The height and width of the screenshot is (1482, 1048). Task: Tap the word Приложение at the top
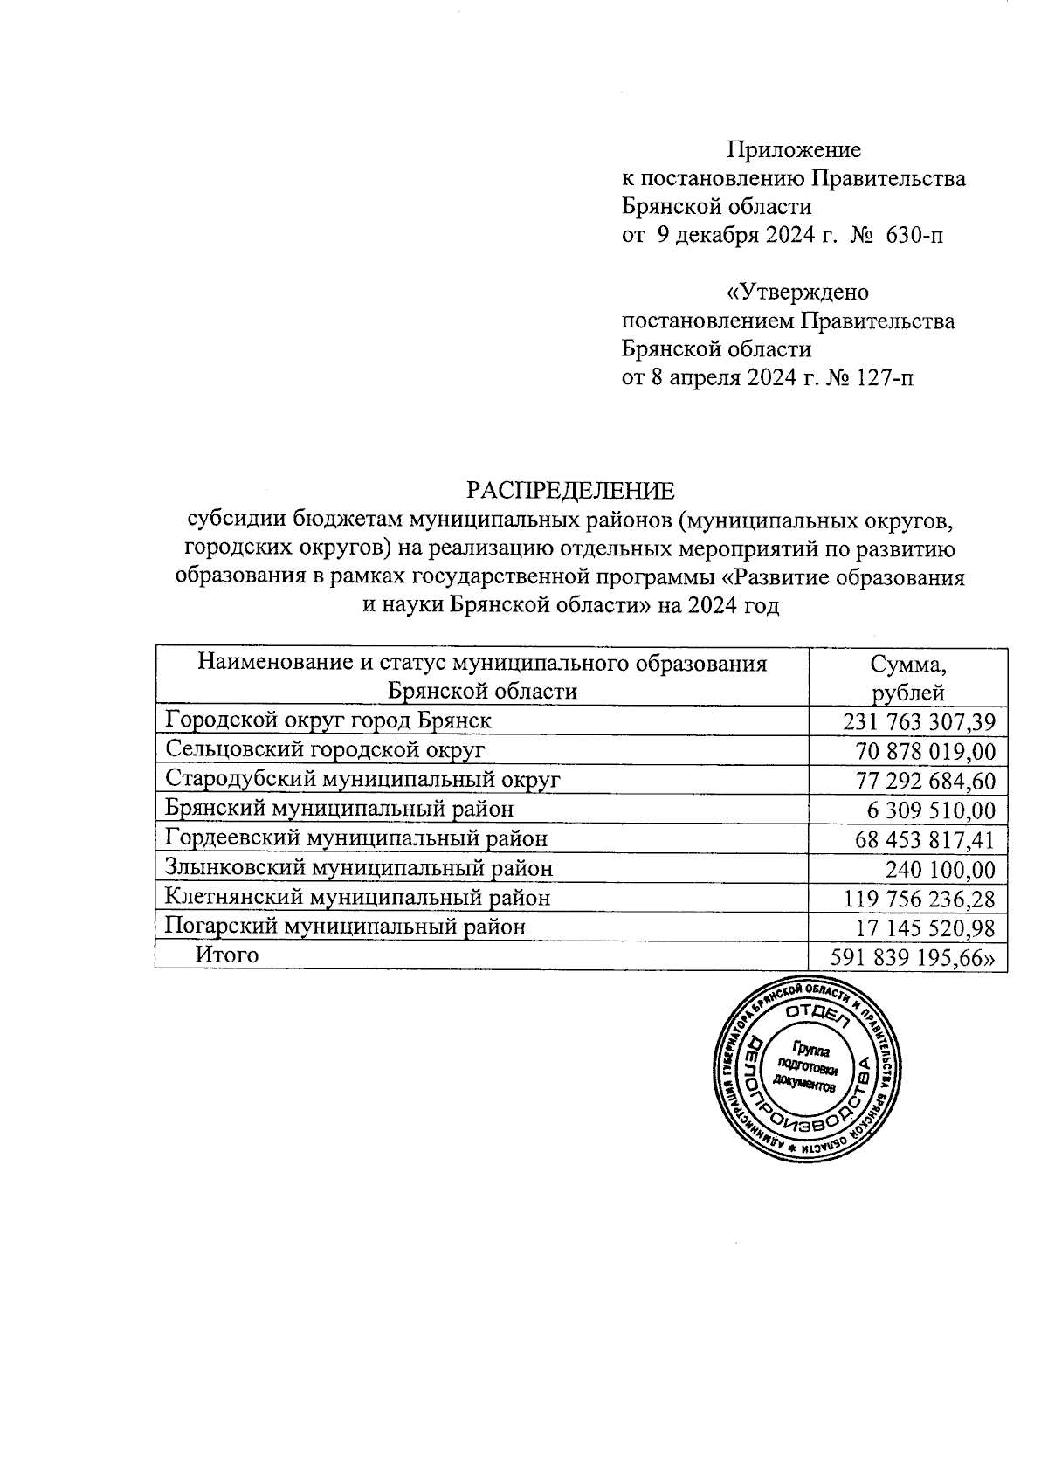tap(795, 150)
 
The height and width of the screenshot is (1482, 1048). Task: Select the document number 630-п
tap(915, 235)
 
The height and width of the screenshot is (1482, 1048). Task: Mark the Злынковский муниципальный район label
tap(359, 868)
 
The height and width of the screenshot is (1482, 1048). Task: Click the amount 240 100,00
tap(941, 869)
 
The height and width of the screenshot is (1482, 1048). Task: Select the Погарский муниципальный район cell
tap(346, 927)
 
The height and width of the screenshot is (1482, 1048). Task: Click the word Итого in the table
tap(227, 955)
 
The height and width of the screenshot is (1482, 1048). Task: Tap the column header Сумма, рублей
tap(909, 678)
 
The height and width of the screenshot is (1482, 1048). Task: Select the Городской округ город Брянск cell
tap(328, 720)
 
